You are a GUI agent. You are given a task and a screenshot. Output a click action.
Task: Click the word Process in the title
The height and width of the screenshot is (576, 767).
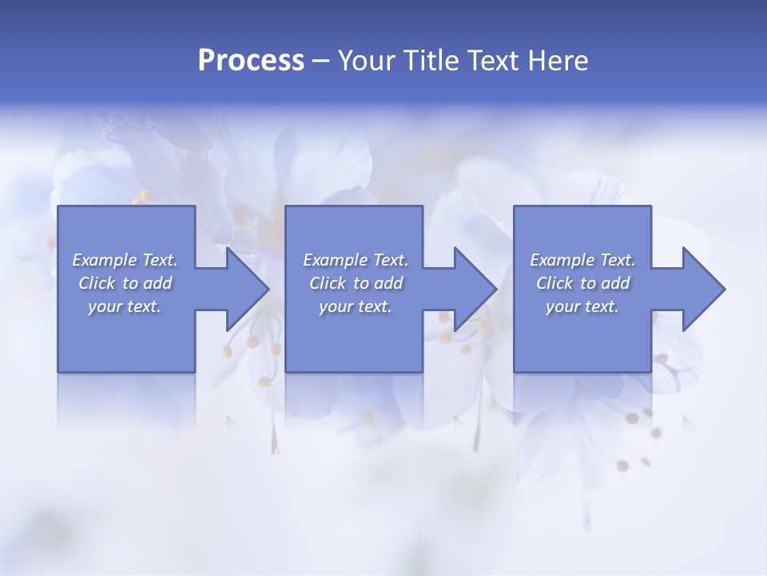coord(251,61)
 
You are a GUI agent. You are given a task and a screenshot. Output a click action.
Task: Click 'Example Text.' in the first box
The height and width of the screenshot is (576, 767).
coord(125,260)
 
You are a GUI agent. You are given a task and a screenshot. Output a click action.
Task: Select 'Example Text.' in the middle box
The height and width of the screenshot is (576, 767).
coord(356,260)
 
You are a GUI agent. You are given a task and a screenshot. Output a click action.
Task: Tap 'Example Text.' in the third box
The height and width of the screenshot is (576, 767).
coord(582,260)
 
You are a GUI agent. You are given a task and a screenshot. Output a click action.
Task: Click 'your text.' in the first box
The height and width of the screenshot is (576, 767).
coord(125,306)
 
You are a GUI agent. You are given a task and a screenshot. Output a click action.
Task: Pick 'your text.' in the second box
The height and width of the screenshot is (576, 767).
coord(356,306)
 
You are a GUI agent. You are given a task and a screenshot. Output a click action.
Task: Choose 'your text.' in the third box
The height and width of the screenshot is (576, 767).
coord(582,306)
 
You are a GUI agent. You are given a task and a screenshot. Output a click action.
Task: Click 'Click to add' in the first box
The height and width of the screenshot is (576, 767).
coord(125,283)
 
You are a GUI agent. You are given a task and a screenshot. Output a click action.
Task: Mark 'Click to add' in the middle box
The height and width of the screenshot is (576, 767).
coord(356,283)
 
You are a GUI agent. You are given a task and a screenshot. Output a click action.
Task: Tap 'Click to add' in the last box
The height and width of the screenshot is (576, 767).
coord(582,283)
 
